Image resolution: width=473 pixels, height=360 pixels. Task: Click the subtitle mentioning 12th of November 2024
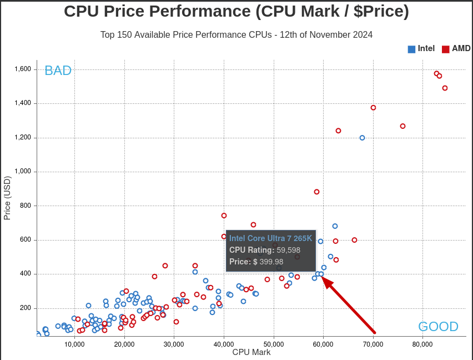coord(236,34)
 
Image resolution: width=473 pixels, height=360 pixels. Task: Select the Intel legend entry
coord(421,48)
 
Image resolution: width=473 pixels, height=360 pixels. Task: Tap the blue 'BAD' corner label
coord(58,71)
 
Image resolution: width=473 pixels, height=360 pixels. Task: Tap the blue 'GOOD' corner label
coord(438,327)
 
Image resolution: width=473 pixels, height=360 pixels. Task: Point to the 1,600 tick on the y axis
coord(23,69)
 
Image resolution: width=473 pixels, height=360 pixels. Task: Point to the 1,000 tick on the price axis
coord(23,172)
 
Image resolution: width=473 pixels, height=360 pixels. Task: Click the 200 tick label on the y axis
coord(26,308)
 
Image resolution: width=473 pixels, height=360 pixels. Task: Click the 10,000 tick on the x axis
coord(74,344)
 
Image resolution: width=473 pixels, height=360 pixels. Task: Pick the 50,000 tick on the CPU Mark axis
coord(274,344)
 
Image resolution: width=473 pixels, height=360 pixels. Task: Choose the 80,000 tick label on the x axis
coord(422,344)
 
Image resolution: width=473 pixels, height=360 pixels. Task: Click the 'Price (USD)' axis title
coord(7,198)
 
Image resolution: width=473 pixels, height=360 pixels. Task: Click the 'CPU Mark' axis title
coord(251,352)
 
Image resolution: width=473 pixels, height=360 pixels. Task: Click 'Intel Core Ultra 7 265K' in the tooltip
coord(270,238)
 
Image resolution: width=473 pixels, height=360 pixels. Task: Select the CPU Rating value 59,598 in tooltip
coord(288,250)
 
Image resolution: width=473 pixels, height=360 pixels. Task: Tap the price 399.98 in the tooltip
coord(271,262)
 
